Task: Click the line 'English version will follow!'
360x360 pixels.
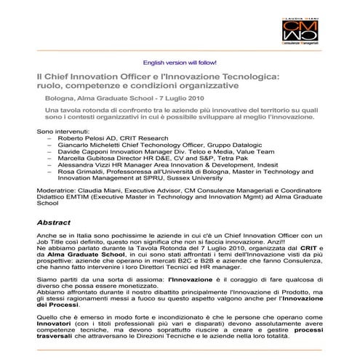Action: [x=180, y=63]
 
